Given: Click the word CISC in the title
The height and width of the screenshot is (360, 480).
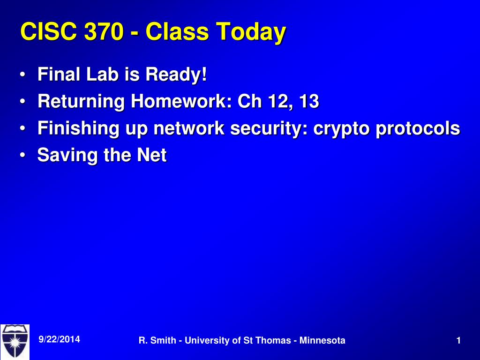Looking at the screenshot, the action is [48, 31].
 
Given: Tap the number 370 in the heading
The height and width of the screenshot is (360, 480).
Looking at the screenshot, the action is [104, 31].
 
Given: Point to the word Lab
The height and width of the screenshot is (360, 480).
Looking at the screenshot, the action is [102, 75].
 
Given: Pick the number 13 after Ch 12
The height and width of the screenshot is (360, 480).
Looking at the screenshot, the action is [309, 101].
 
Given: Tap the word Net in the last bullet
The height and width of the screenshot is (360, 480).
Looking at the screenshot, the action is [152, 155].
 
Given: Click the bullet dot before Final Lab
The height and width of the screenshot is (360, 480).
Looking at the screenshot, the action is [22, 75].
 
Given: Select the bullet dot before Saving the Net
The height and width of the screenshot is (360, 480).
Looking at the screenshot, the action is [22, 155].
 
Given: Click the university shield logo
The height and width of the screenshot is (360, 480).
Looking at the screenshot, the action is [15, 342].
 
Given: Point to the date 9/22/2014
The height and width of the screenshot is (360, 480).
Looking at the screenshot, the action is [60, 339].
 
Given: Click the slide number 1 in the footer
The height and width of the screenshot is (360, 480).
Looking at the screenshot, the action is [458, 340].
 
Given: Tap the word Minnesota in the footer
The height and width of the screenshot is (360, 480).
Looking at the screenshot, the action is [322, 340].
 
